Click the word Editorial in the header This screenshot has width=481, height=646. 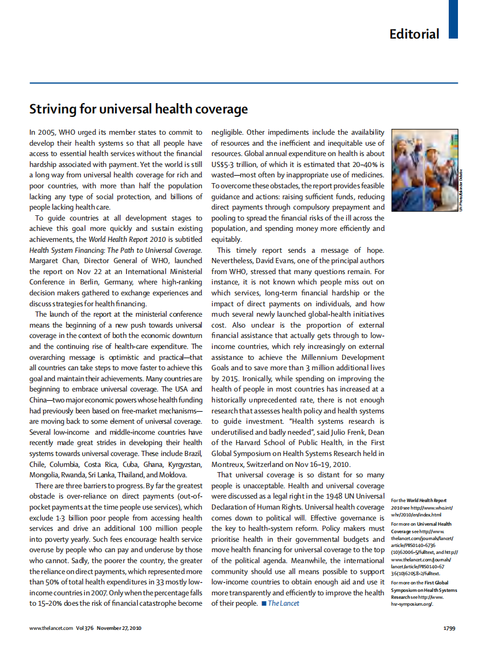coord(414,34)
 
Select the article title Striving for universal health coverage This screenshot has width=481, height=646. coord(138,109)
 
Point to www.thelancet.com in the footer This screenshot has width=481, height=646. coord(51,628)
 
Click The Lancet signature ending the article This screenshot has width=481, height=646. coord(283,603)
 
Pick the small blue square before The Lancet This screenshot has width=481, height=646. coord(263,603)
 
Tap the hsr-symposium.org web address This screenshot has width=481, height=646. coord(411,604)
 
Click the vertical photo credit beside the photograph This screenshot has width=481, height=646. coord(461,190)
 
